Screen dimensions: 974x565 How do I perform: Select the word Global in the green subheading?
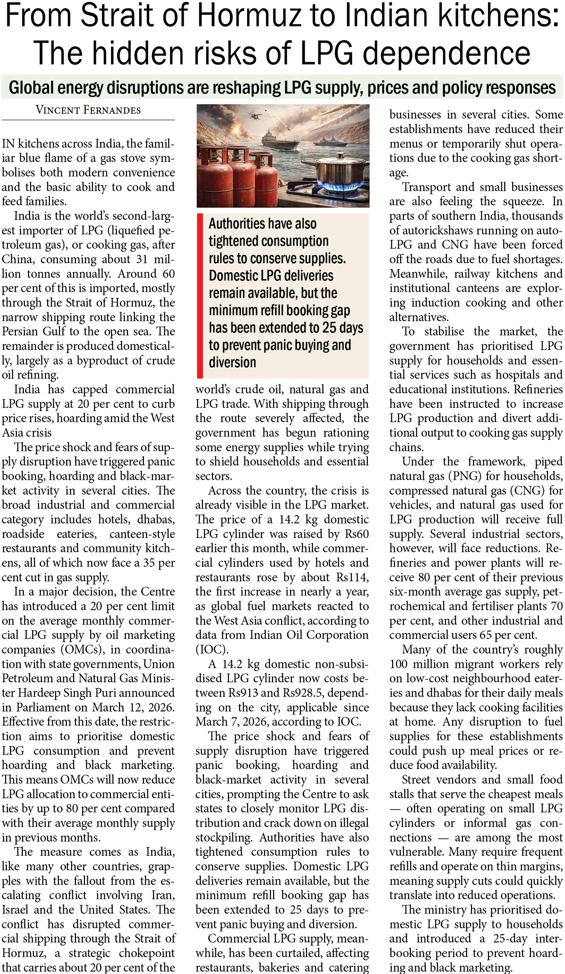click(30, 88)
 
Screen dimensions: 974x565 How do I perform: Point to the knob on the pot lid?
click(340, 156)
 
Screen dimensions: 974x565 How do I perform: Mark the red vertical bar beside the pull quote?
click(200, 295)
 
